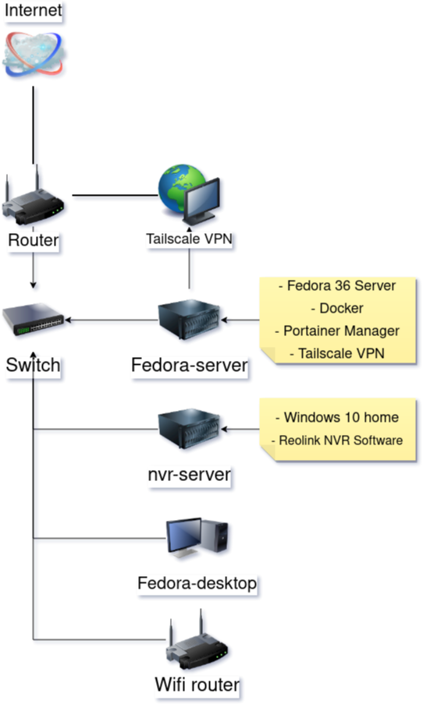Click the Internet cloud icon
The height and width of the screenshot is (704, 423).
click(34, 53)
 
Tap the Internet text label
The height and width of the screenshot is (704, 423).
click(34, 12)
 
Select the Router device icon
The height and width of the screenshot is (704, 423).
click(33, 201)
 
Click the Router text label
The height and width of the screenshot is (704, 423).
click(33, 240)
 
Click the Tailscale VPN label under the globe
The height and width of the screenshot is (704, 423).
click(190, 239)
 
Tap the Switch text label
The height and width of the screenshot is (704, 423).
click(33, 364)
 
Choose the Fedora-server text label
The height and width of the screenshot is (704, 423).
click(190, 364)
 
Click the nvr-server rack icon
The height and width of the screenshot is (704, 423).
click(190, 430)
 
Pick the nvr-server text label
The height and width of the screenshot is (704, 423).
click(190, 473)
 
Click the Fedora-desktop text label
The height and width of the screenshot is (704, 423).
click(197, 583)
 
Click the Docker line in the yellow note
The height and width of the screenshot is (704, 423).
click(337, 308)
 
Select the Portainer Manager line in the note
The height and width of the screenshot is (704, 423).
click(337, 331)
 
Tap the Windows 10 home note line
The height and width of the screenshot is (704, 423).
click(337, 417)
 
